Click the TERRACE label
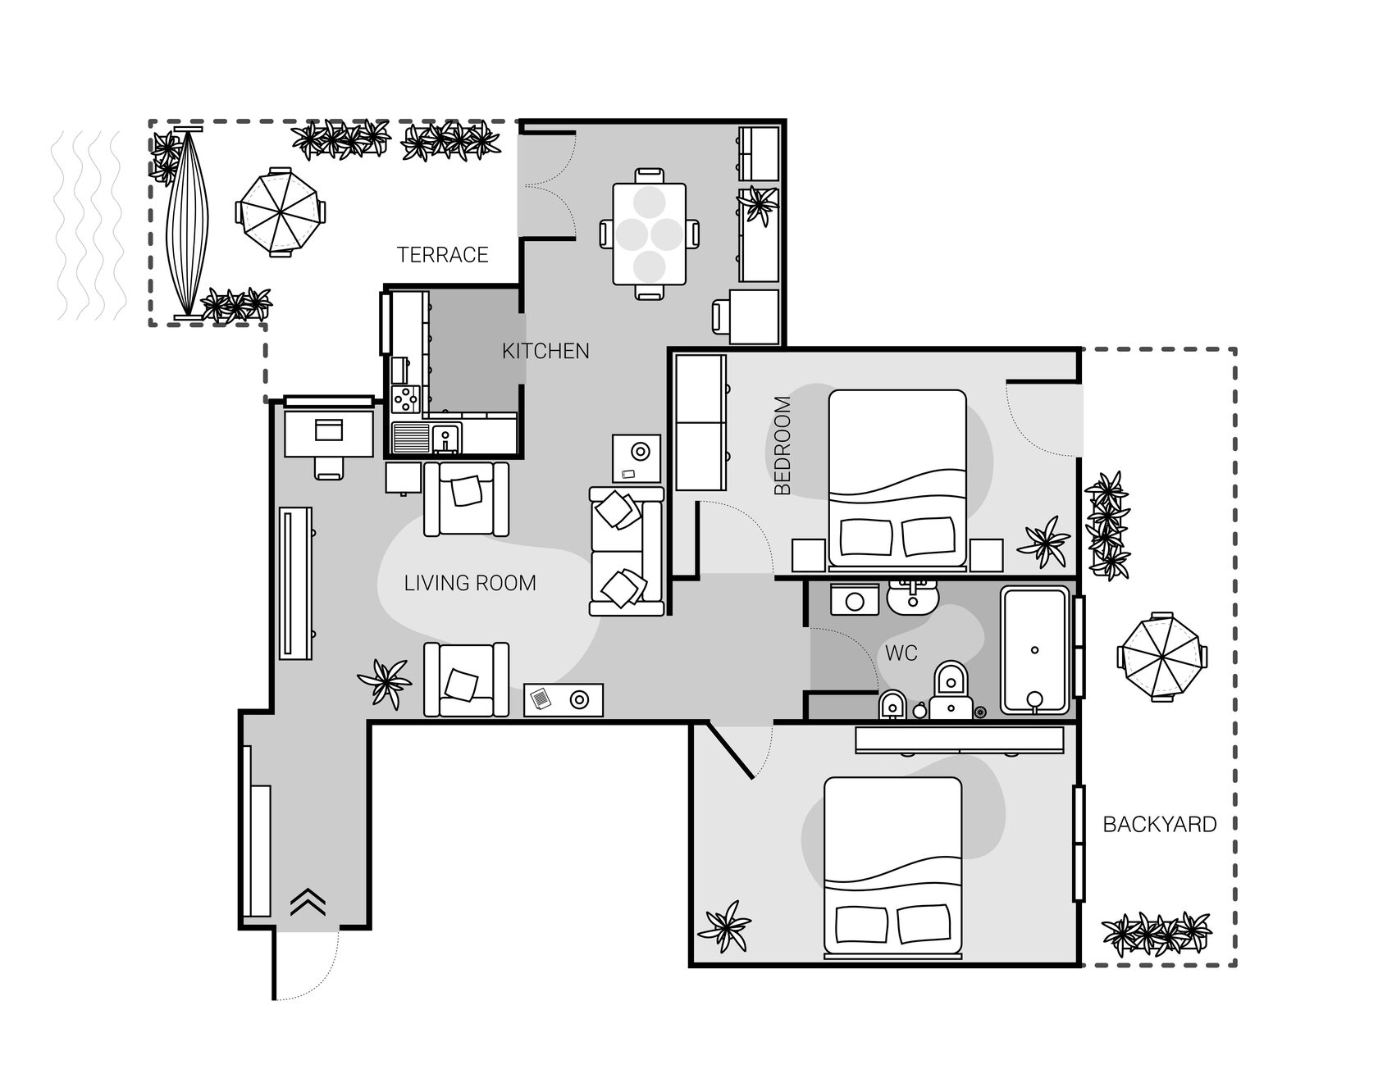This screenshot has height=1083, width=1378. pyautogui.click(x=443, y=255)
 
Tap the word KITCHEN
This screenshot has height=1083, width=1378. pyautogui.click(x=545, y=351)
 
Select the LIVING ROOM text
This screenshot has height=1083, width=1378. pyautogui.click(x=470, y=583)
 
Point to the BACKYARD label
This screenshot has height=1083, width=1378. pyautogui.click(x=1159, y=825)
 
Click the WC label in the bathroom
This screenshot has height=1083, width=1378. pyautogui.click(x=901, y=653)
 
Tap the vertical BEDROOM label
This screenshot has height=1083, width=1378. pyautogui.click(x=783, y=446)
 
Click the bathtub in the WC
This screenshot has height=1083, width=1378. pyautogui.click(x=1034, y=649)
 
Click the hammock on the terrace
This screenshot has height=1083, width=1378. pyautogui.click(x=188, y=222)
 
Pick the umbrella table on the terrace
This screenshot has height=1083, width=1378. pyautogui.click(x=280, y=212)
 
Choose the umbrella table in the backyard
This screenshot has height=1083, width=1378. pyautogui.click(x=1161, y=657)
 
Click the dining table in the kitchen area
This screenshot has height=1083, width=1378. pyautogui.click(x=649, y=234)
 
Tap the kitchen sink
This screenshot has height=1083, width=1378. pyautogui.click(x=445, y=438)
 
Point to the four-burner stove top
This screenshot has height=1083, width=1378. pyautogui.click(x=405, y=399)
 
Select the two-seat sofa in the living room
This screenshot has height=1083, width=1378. pyautogui.click(x=627, y=551)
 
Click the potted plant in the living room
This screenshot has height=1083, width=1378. pyautogui.click(x=385, y=683)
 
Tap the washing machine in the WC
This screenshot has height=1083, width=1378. pyautogui.click(x=854, y=600)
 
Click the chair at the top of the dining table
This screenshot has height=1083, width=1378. pyautogui.click(x=650, y=175)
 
